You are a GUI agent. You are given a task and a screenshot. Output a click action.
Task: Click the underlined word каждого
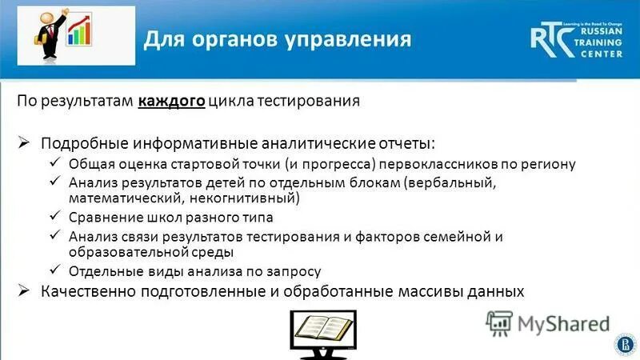tap(170, 102)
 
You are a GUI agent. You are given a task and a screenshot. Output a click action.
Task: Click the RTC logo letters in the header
tap(553, 39)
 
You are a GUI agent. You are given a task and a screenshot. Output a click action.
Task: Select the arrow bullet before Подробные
tap(25, 142)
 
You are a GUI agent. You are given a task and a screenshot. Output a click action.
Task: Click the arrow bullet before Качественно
tap(25, 291)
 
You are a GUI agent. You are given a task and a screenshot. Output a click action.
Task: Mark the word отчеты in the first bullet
tap(407, 142)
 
